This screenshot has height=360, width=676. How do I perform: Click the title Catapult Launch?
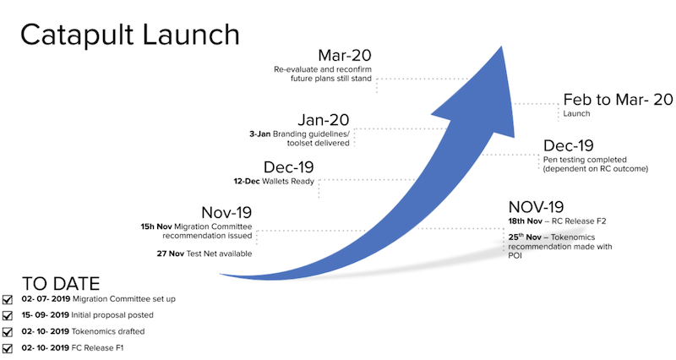[x=130, y=35]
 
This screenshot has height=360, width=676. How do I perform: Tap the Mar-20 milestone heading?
[x=345, y=56]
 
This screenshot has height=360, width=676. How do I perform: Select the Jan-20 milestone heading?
[x=324, y=120]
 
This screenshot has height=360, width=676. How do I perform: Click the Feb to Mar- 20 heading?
[x=618, y=100]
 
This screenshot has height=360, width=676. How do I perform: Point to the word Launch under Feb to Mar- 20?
[x=576, y=113]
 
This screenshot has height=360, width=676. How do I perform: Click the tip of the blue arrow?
[x=502, y=46]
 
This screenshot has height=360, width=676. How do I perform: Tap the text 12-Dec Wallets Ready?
[x=274, y=182]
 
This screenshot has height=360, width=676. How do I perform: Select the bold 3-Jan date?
[x=260, y=134]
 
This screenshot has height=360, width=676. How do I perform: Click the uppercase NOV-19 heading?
[x=536, y=207]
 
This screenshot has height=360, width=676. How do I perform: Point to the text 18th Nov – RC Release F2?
[x=557, y=221]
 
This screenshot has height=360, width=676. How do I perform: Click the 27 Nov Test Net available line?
[x=204, y=254]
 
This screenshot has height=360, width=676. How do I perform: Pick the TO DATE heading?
[x=61, y=284]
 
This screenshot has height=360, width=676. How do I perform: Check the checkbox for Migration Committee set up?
[x=8, y=300]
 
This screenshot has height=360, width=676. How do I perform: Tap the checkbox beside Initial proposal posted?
[x=8, y=315]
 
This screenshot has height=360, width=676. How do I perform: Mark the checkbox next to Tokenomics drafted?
[x=8, y=332]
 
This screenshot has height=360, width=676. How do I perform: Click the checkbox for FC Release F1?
[x=8, y=348]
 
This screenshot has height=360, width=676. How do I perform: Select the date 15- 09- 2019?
[x=46, y=315]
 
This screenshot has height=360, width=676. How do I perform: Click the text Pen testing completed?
[x=585, y=160]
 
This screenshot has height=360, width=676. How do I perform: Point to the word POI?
[x=515, y=256]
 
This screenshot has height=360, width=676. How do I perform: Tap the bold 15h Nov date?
[x=156, y=226]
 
